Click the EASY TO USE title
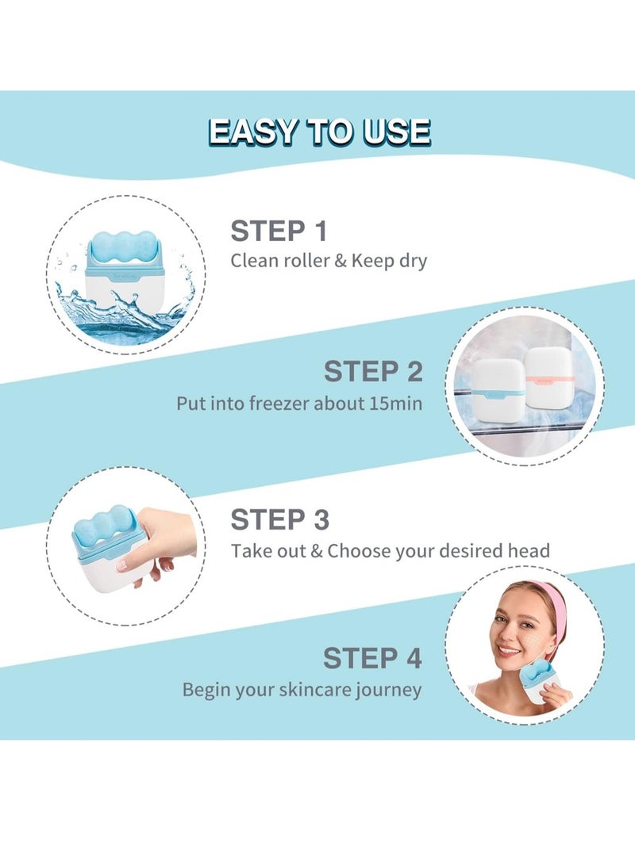pos(319,132)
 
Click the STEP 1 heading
pos(279,232)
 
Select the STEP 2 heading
pos(373,371)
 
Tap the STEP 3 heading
pos(279,520)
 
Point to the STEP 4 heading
pos(372,658)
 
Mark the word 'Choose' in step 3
pos(360,550)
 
